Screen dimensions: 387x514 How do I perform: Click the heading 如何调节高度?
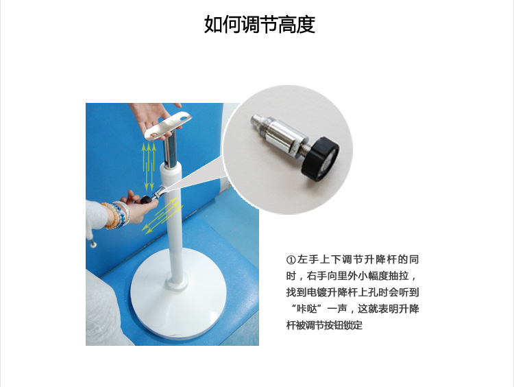(259, 25)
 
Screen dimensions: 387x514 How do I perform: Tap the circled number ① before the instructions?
(291, 260)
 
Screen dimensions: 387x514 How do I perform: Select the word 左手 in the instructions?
(307, 260)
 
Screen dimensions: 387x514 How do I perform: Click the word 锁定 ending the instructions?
(353, 325)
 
